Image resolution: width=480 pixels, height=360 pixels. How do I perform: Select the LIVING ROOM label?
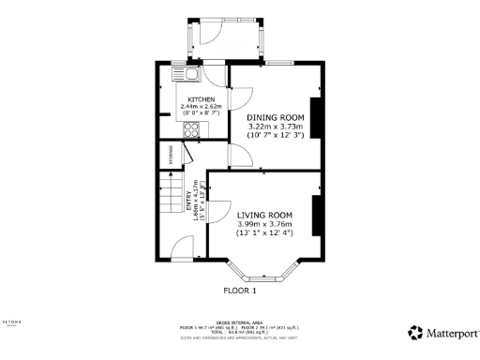264,215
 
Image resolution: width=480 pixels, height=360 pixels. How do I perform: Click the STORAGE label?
171,156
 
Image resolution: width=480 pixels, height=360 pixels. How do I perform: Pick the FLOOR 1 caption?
240,291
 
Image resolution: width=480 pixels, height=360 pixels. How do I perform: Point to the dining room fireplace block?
316,116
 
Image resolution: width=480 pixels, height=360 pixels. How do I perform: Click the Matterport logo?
443,332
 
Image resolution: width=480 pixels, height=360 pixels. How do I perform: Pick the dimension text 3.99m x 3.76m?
264,224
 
